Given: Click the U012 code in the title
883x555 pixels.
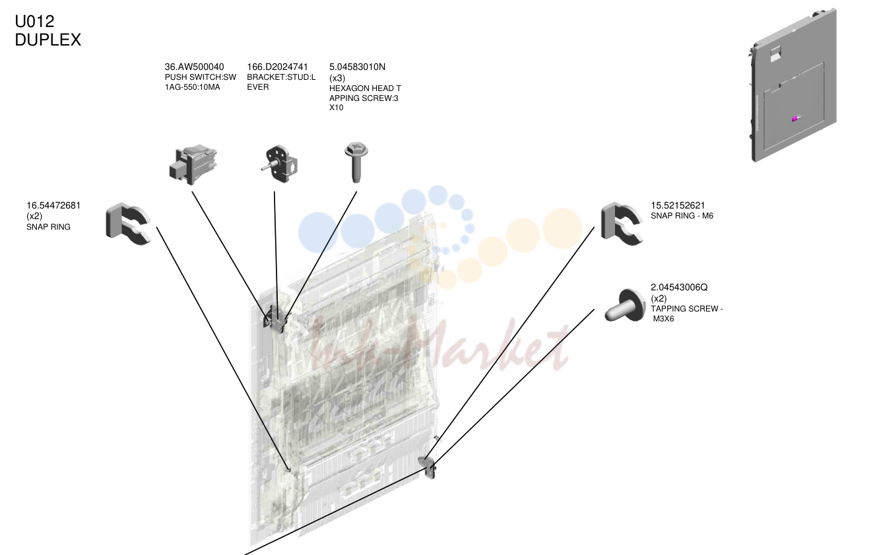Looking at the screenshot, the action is [34, 21].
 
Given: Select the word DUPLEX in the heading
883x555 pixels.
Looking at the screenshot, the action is [48, 40].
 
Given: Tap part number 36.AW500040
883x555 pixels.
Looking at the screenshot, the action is [194, 67].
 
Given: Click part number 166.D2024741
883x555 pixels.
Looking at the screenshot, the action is [277, 67].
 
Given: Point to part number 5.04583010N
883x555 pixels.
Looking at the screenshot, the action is [357, 67].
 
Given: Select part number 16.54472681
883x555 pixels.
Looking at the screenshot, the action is [53, 205].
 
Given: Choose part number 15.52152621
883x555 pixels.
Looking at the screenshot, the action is [678, 205].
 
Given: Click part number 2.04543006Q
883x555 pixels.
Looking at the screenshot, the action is [679, 287].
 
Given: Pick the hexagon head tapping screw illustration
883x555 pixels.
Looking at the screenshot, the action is [356, 162].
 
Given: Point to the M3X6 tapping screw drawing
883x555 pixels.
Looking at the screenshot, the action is [625, 306].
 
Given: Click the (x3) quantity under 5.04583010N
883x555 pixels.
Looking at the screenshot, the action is [337, 78].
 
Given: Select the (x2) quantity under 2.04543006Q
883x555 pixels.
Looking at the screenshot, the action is [659, 298].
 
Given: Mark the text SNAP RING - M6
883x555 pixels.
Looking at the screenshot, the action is [682, 216].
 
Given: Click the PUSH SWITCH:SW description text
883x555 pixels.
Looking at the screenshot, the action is [200, 77].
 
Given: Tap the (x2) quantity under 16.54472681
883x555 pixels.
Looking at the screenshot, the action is [34, 216].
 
